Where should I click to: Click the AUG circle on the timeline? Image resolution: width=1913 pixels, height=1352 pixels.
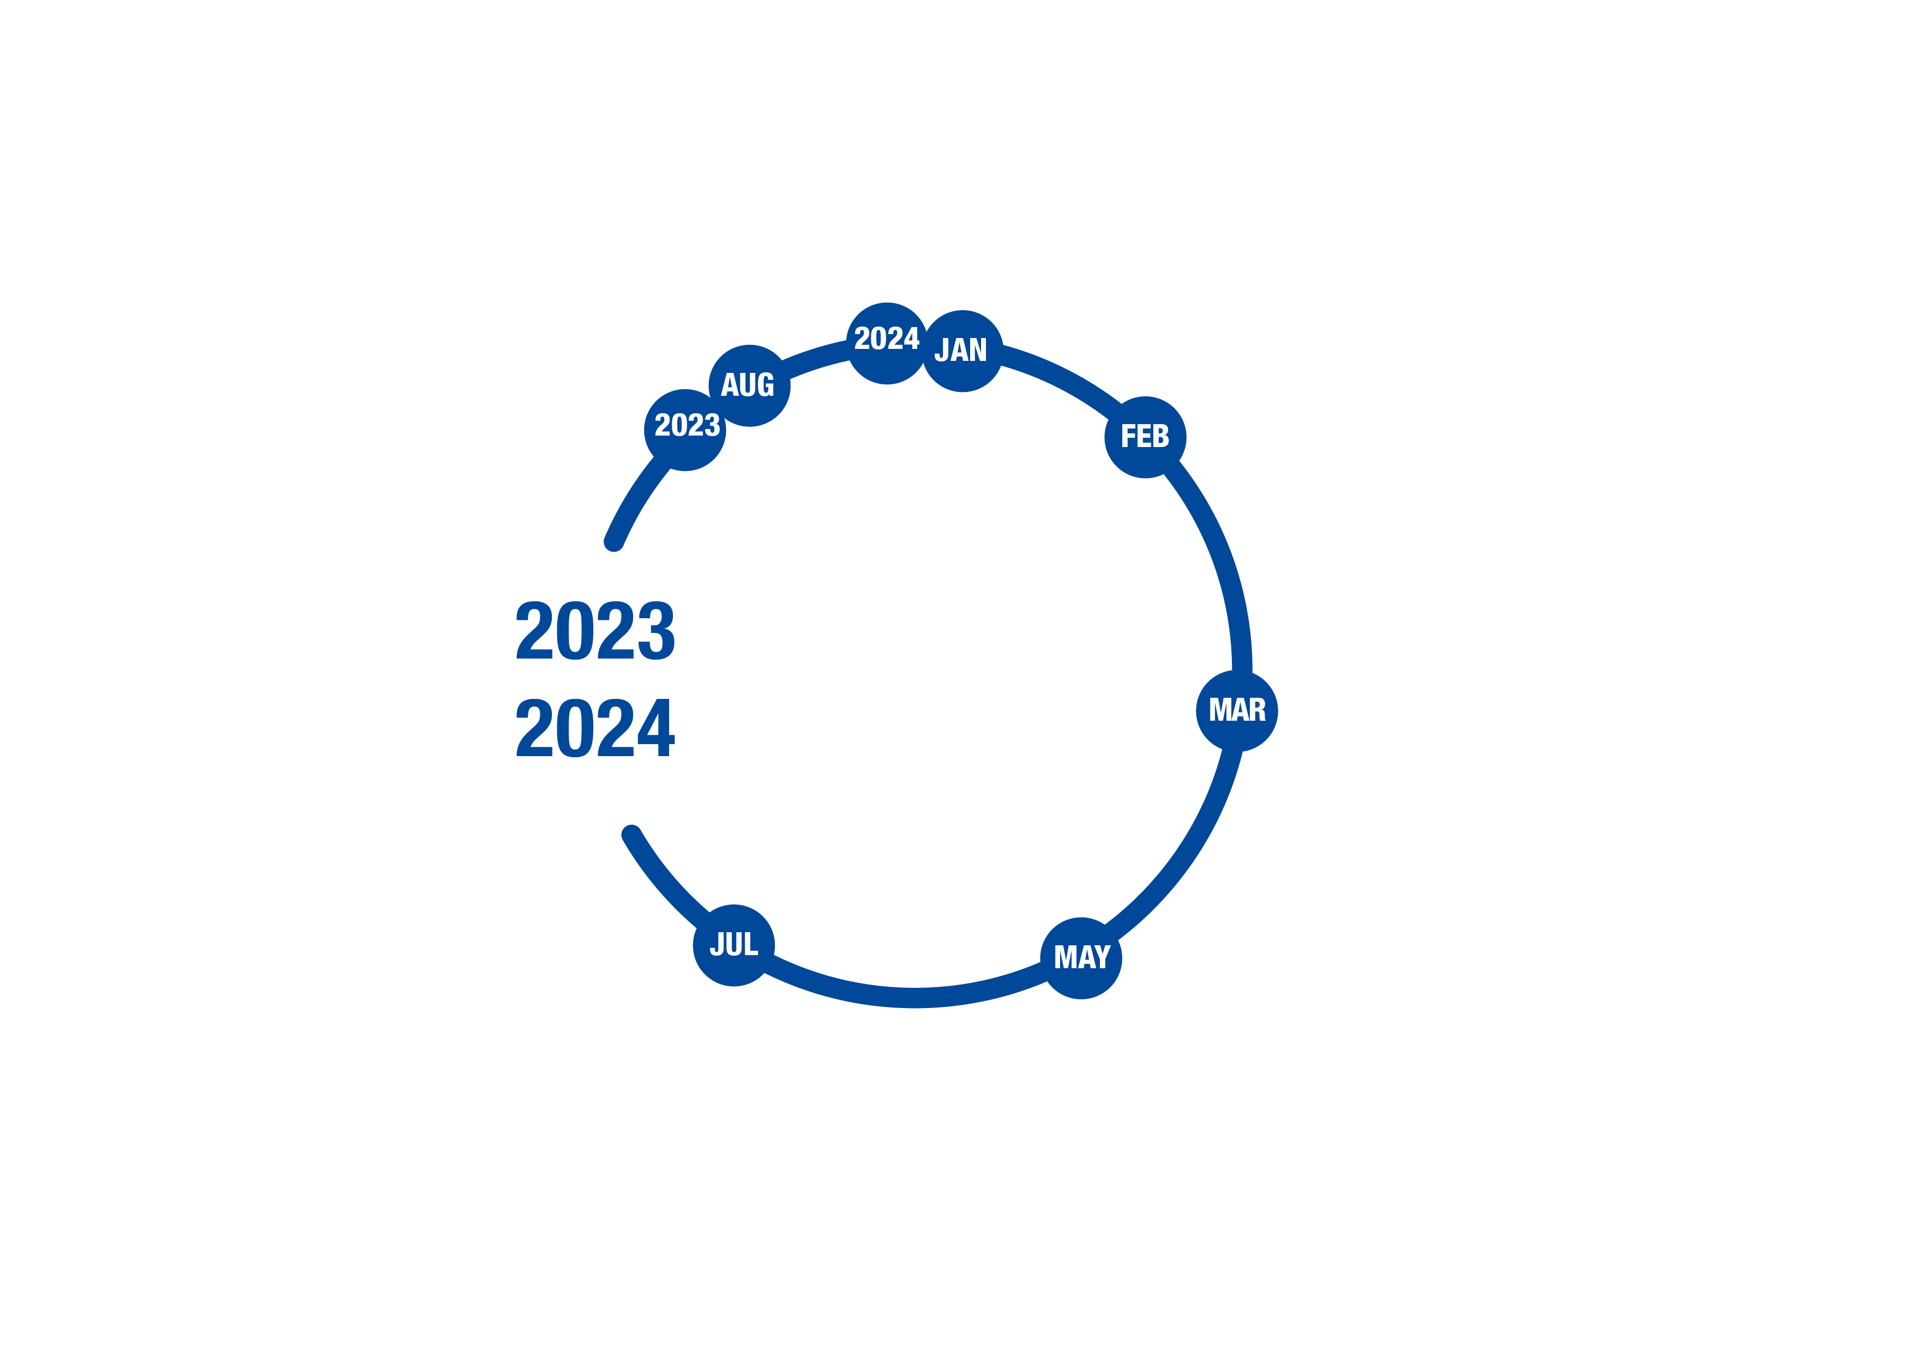pyautogui.click(x=749, y=385)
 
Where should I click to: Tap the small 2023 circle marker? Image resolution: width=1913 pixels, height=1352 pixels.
pyautogui.click(x=685, y=430)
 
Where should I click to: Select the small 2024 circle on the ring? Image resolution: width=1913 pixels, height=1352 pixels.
pyautogui.click(x=887, y=343)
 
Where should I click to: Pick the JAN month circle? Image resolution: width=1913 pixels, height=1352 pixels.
pyautogui.click(x=962, y=351)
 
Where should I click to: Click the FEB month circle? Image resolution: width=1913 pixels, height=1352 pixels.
pyautogui.click(x=1146, y=437)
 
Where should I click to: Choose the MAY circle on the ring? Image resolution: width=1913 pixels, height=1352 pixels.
pyautogui.click(x=1081, y=958)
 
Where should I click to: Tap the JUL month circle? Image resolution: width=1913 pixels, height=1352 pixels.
pyautogui.click(x=734, y=945)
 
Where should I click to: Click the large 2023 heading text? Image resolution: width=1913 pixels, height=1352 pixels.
pyautogui.click(x=595, y=630)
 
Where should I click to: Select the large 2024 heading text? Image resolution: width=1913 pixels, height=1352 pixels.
pyautogui.click(x=595, y=727)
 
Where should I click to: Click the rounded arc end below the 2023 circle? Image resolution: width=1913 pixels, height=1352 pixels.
pyautogui.click(x=613, y=542)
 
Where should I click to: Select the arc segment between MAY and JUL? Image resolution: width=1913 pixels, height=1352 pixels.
pyautogui.click(x=904, y=998)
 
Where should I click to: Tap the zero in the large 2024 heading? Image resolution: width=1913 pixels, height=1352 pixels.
pyautogui.click(x=575, y=727)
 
